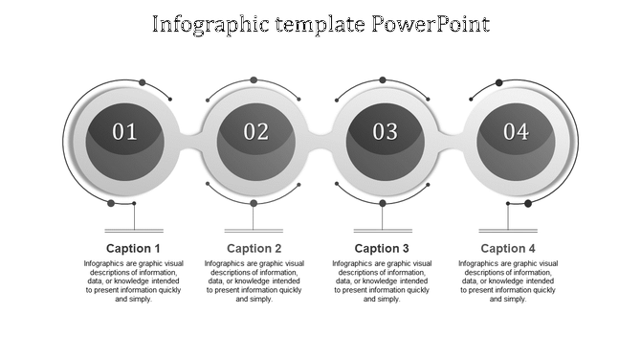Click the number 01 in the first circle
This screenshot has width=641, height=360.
(x=125, y=132)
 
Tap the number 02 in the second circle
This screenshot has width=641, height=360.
(x=255, y=132)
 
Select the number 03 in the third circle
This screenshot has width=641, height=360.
(x=385, y=132)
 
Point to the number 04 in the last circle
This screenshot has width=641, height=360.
(x=516, y=132)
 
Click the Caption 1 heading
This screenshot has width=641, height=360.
(x=133, y=249)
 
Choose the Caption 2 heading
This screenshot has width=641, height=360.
(x=254, y=249)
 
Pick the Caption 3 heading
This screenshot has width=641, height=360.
(x=382, y=249)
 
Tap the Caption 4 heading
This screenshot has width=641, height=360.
(x=508, y=249)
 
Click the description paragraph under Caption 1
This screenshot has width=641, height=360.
(x=133, y=281)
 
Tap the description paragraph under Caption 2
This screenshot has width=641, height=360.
(x=254, y=281)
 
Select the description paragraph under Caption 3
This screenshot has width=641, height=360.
(x=382, y=281)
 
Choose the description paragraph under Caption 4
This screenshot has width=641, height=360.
(x=508, y=281)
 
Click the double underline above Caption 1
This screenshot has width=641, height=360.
(x=133, y=231)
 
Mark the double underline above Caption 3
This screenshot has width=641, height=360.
(x=382, y=231)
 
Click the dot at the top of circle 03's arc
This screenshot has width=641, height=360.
(x=383, y=80)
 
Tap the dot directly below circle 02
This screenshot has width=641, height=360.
(x=254, y=203)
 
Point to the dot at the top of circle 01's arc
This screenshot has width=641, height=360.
(x=143, y=82)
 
